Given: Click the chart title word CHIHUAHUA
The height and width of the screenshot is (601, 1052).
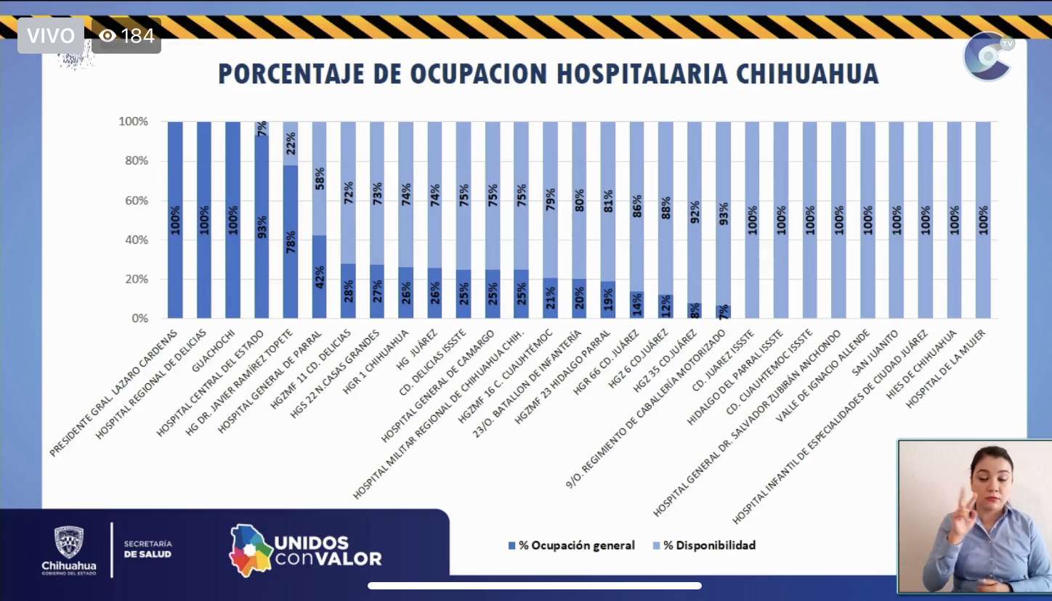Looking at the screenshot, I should (x=806, y=74).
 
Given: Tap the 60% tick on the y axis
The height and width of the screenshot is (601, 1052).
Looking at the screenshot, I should (x=133, y=200).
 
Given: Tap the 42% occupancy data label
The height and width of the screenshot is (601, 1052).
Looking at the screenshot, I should (x=319, y=278).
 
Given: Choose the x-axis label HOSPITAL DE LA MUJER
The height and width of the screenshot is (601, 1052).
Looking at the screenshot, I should (x=944, y=369).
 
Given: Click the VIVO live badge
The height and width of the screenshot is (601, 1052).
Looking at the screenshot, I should (x=51, y=36).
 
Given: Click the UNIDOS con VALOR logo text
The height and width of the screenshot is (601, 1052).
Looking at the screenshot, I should (x=327, y=551).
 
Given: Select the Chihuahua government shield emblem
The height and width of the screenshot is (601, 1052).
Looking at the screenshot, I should (x=69, y=541).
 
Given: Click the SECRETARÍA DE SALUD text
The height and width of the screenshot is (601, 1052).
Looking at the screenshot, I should (x=147, y=549).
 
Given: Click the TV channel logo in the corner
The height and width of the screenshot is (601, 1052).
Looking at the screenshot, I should (x=988, y=56).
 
